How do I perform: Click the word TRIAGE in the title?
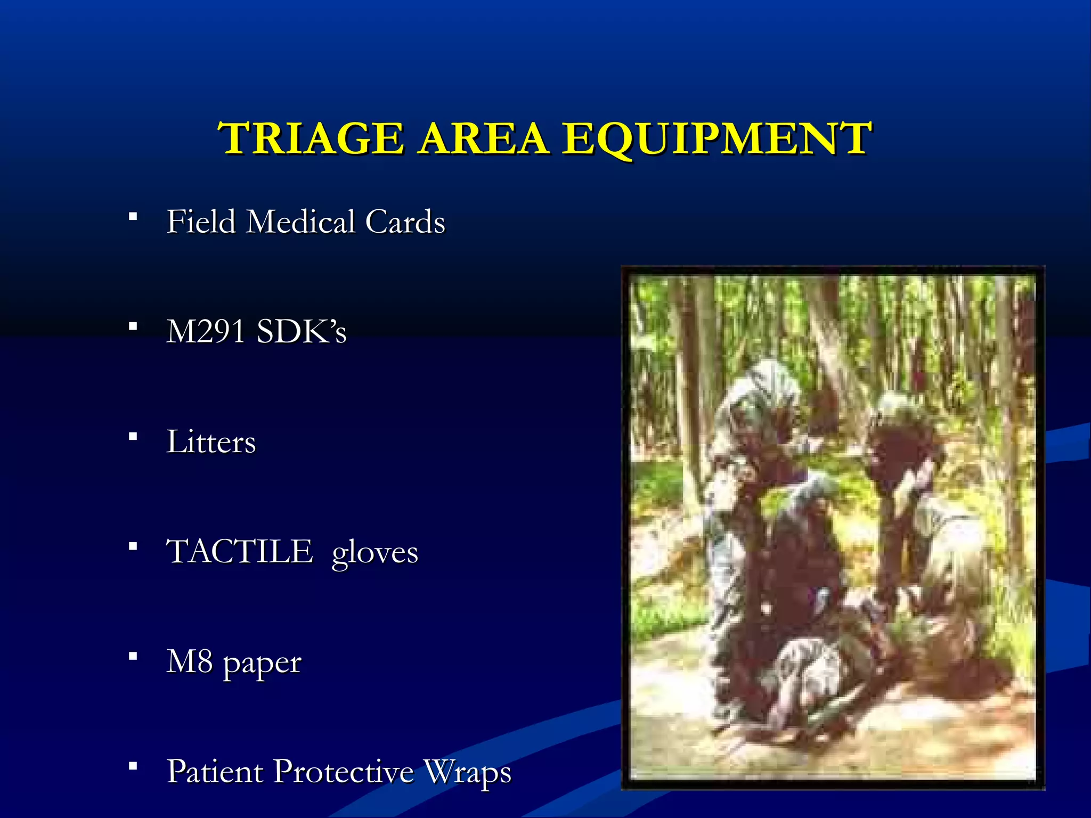[x=312, y=138]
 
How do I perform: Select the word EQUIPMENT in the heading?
[x=717, y=138]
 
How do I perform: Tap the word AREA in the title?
[x=483, y=138]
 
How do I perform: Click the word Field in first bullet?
[x=201, y=221]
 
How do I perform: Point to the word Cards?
[x=405, y=221]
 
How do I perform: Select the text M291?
[x=205, y=331]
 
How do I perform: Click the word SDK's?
[x=302, y=331]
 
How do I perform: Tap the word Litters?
[x=211, y=441]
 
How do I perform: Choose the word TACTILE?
[x=239, y=551]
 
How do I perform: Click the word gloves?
[x=374, y=554]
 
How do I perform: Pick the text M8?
[x=189, y=661]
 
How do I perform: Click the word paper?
[x=262, y=665]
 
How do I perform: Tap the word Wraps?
[x=467, y=772]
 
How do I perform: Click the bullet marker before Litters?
[x=133, y=437]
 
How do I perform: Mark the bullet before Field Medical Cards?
[x=133, y=217]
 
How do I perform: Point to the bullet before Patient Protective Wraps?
[x=133, y=766]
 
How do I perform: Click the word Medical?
[x=300, y=221]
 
